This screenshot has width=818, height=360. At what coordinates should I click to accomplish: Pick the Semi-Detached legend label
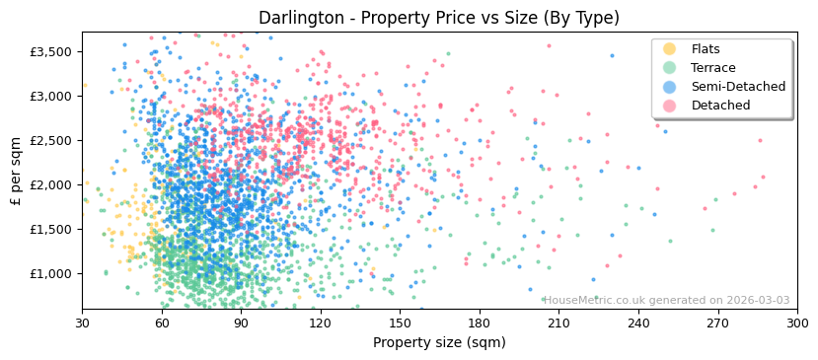738,87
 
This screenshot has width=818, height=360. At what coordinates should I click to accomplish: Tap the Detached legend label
719,106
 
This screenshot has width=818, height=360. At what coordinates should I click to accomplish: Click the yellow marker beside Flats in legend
670,49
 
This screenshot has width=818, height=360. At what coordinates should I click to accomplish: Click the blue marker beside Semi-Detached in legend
670,87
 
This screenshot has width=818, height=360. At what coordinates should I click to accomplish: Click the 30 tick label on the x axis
82,323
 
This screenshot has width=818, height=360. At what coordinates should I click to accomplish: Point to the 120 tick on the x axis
321,323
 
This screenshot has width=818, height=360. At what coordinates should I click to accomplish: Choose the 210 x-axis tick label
558,323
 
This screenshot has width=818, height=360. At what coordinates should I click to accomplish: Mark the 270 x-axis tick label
717,323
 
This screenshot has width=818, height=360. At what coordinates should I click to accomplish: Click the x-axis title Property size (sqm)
439,342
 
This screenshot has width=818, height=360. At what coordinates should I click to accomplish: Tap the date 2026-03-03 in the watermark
756,300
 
